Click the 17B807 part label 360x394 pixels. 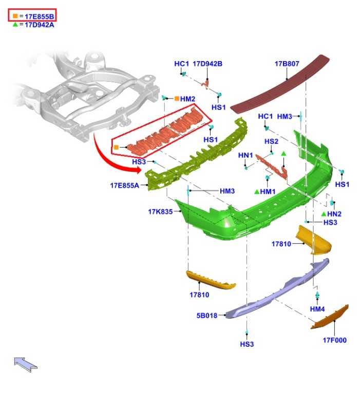(x=287, y=64)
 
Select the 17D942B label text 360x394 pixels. (x=207, y=64)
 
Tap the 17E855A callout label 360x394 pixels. (x=124, y=185)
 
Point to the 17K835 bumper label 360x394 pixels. (x=160, y=211)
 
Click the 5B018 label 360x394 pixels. (x=207, y=316)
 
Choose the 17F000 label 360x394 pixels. (x=335, y=340)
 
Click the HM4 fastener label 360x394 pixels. (x=317, y=309)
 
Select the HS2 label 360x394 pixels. (x=271, y=142)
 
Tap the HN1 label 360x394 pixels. (x=245, y=155)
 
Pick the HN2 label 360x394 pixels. (x=334, y=214)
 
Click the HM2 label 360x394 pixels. (x=187, y=98)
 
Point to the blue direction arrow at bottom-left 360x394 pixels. (x=25, y=364)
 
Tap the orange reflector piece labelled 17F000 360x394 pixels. (x=330, y=317)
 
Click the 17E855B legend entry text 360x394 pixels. (x=39, y=16)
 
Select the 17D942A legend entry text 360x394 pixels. (x=39, y=25)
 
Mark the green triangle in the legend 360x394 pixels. (x=15, y=25)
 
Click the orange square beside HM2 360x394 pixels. (x=177, y=98)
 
